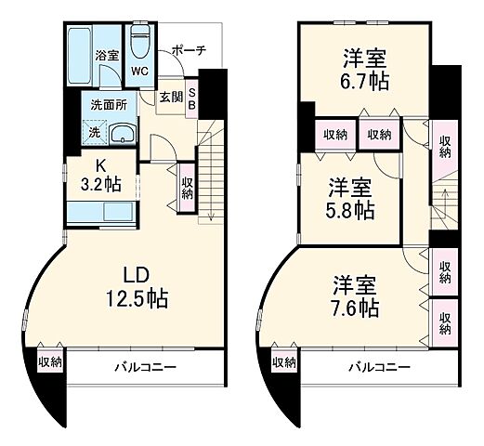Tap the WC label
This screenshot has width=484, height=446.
coord(139,71)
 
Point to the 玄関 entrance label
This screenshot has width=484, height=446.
coord(170,96)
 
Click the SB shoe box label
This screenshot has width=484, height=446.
coord(192,98)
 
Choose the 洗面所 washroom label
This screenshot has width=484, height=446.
coord(108,105)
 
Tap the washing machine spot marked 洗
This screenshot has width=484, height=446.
coord(94,132)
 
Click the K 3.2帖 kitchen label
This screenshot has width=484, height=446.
coord(100,176)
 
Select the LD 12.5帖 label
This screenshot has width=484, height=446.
coord(141,287)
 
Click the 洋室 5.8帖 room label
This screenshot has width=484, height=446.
coord(349,197)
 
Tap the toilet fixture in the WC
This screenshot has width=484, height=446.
coord(141,42)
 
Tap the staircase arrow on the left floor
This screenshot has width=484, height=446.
coord(212,186)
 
